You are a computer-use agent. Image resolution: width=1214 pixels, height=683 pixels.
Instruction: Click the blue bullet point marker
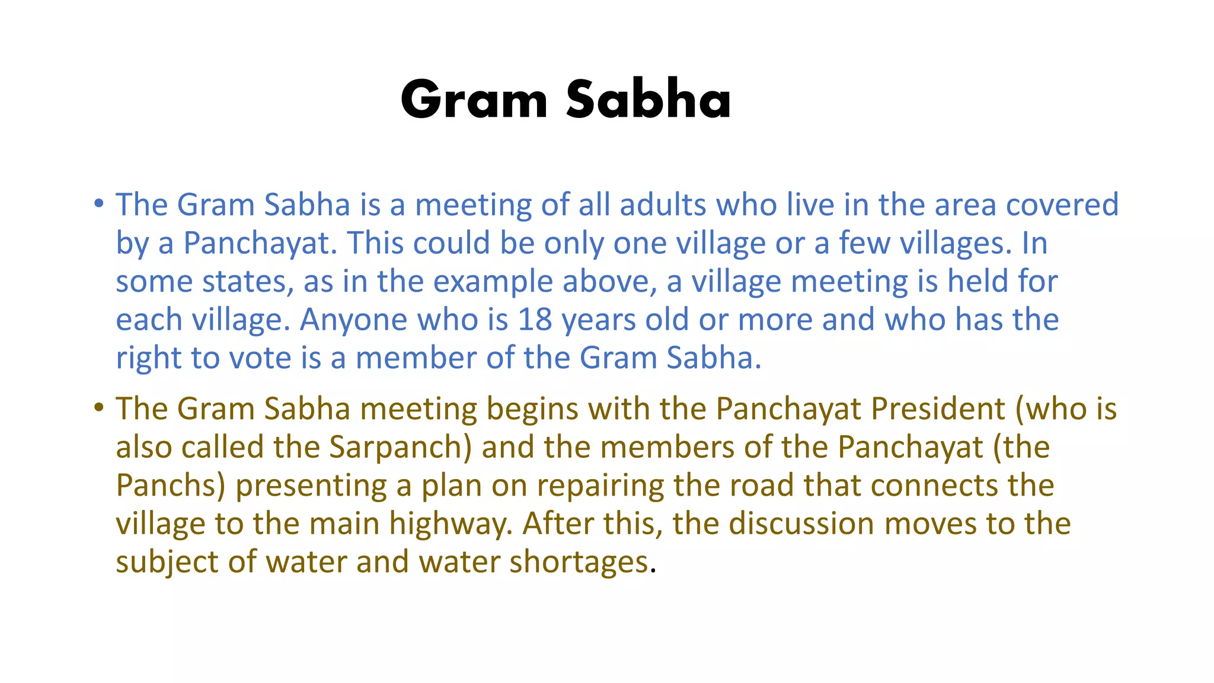point(99,204)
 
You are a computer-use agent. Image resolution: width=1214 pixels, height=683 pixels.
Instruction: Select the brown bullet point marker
point(99,408)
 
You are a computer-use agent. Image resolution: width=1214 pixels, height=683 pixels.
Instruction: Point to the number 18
point(535,320)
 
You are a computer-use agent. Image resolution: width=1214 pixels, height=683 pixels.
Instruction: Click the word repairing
point(600,486)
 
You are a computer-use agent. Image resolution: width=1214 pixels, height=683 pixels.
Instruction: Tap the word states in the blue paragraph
point(248,282)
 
